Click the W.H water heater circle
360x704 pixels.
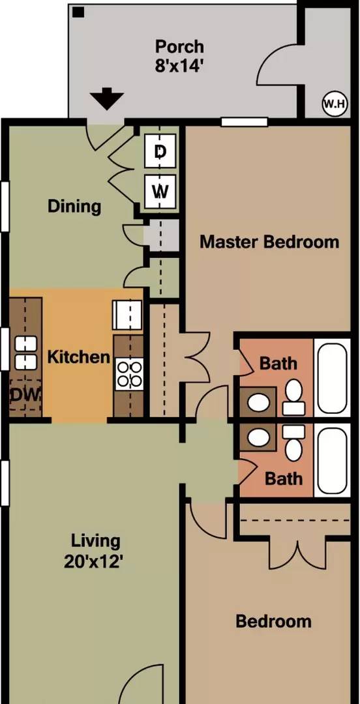[x=335, y=104]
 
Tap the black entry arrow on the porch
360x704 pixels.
[x=106, y=99]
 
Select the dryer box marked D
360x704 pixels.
[x=160, y=151]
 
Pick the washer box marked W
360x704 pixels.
[x=160, y=192]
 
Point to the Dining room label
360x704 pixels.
[x=74, y=207]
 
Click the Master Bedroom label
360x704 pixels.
[x=269, y=242]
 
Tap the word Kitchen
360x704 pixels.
[x=79, y=357]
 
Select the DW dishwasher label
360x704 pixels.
[x=25, y=394]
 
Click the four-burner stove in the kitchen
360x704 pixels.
[x=129, y=374]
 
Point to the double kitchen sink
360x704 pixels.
[x=25, y=353]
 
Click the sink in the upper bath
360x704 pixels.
[x=258, y=402]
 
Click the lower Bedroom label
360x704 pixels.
[x=273, y=622]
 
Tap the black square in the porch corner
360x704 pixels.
[x=80, y=12]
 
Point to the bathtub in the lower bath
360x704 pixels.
[x=332, y=461]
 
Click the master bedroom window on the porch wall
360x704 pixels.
[x=245, y=122]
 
